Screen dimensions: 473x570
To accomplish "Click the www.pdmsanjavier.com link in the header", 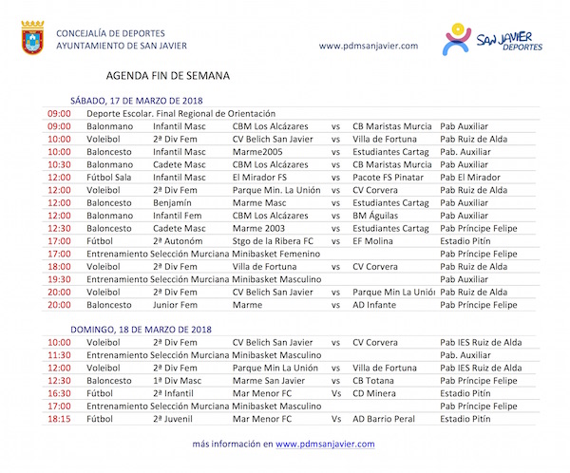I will (x=369, y=46).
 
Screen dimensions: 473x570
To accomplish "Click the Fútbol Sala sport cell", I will (x=112, y=177).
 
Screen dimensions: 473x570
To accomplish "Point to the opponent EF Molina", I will (x=375, y=240).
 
